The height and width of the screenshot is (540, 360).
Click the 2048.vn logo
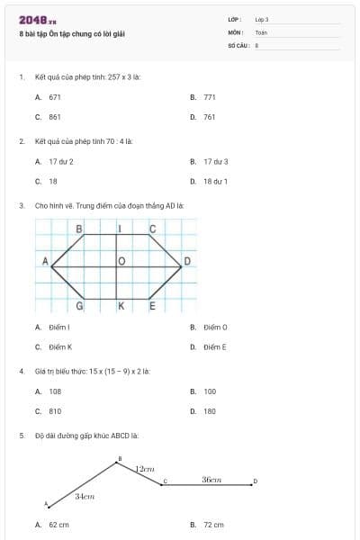(x=38, y=19)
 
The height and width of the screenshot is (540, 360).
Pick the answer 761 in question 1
(x=210, y=117)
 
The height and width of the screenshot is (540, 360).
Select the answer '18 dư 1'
(x=215, y=181)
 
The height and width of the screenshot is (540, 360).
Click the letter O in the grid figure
(x=121, y=261)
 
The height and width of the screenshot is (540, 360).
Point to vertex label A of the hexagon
(x=44, y=260)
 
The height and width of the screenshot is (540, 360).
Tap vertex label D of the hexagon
(x=187, y=262)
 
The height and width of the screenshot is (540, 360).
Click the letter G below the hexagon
(x=80, y=306)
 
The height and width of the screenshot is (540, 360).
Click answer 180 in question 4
(x=210, y=410)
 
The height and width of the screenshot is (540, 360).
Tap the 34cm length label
(x=84, y=496)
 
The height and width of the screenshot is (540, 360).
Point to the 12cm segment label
(x=145, y=469)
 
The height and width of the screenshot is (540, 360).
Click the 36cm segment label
(x=211, y=480)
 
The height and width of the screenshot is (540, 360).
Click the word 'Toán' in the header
(x=261, y=31)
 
